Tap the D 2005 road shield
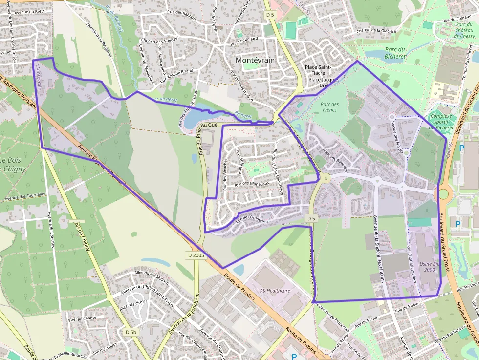pos(196,255)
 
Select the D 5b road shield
pos(131,332)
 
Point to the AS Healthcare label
pos(275,291)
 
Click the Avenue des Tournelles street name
pos(25,196)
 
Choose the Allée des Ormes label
pos(133,305)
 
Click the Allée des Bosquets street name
pos(335,160)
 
